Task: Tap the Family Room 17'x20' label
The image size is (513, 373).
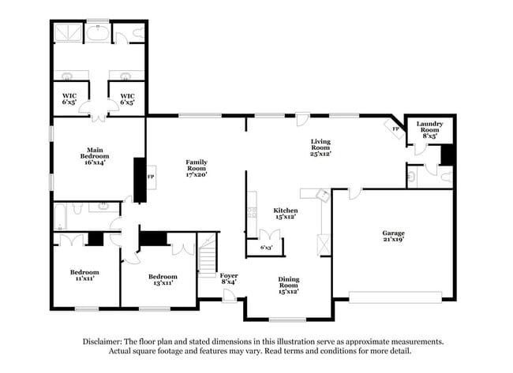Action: (197, 166)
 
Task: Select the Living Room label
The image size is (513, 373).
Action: (320, 146)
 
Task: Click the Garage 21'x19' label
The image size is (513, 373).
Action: (393, 237)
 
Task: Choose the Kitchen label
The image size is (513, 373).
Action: (285, 214)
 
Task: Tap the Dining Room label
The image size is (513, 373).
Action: (288, 283)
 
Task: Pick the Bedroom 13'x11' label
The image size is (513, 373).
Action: (163, 280)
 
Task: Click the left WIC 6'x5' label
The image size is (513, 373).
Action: (69, 99)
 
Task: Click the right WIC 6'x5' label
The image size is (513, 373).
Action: (127, 99)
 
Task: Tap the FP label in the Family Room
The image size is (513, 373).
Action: (151, 177)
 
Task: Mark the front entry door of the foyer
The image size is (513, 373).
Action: (229, 296)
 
